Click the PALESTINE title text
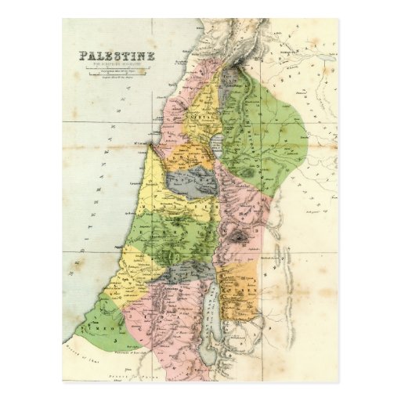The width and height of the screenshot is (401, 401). point(116,56)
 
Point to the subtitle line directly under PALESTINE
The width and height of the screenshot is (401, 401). point(116,64)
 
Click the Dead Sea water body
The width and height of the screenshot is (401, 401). point(211,313)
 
